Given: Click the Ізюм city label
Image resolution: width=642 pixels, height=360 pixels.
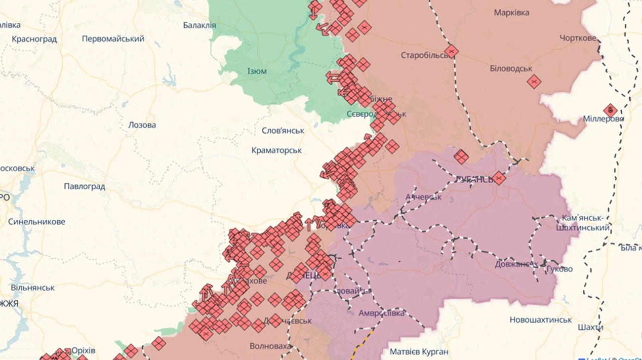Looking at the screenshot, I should pyautogui.click(x=257, y=71).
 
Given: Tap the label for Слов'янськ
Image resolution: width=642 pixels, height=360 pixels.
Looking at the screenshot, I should pyautogui.click(x=283, y=131).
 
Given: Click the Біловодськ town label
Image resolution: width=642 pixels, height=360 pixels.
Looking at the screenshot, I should pyautogui.click(x=511, y=69).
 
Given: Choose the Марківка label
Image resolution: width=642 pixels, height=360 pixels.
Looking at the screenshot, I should pyautogui.click(x=512, y=12).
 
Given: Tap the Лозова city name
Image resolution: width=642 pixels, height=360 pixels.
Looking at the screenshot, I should pyautogui.click(x=142, y=125).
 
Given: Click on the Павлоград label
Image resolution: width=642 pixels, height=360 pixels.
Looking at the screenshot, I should pyautogui.click(x=84, y=186).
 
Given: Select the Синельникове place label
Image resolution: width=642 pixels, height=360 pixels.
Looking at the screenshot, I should pyautogui.click(x=37, y=222).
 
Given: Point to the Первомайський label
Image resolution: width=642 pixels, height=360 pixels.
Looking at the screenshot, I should pyautogui.click(x=113, y=39).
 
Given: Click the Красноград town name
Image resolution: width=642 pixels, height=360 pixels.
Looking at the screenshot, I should pyautogui.click(x=34, y=39).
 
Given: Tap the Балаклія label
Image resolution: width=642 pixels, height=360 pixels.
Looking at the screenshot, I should pyautogui.click(x=200, y=25).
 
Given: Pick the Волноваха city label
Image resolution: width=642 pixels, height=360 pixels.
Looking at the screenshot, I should pyautogui.click(x=271, y=346).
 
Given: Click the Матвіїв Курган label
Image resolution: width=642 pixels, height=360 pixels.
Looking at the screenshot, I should pyautogui.click(x=419, y=352).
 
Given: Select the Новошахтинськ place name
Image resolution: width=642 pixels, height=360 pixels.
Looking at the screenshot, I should pyautogui.click(x=541, y=320).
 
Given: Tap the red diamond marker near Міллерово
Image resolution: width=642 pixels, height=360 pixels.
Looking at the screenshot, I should pyautogui.click(x=610, y=110).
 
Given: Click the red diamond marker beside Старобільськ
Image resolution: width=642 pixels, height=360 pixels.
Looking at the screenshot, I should pyautogui.click(x=451, y=51).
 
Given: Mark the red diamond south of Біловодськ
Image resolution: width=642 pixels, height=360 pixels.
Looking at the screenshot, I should pyautogui.click(x=534, y=81).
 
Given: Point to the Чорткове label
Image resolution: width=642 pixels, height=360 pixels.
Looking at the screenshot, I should pyautogui.click(x=578, y=38).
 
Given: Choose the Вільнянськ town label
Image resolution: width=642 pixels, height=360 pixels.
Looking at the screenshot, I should pyautogui.click(x=33, y=287).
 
